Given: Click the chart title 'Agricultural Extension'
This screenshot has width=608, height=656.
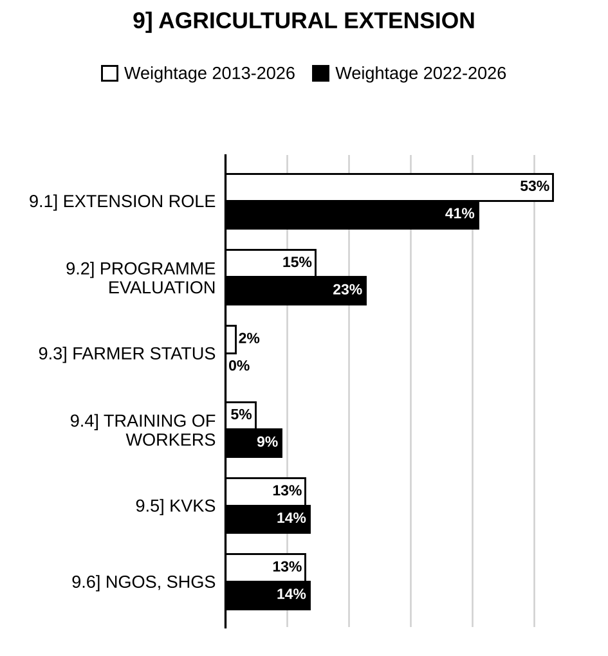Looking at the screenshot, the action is click(304, 21).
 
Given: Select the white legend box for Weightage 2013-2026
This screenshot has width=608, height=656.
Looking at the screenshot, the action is click(109, 73).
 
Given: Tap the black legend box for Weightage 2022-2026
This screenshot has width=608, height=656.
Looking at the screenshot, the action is click(320, 73).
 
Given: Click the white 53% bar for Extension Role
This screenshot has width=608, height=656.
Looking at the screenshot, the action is click(390, 187).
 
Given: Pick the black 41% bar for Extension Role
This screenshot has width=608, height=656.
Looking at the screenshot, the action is click(353, 215).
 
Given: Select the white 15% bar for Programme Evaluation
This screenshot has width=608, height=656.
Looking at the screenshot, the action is click(271, 263).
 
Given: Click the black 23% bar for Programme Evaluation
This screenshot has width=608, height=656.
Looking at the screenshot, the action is click(296, 290).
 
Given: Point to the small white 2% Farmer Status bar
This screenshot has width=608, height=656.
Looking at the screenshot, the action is click(231, 340).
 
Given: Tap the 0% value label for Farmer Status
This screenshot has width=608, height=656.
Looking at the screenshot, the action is click(239, 366).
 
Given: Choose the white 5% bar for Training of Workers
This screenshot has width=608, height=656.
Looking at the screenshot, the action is click(241, 415).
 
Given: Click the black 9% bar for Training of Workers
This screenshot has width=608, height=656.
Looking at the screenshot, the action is click(254, 442).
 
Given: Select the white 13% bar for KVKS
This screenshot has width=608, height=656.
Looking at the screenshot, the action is click(266, 491).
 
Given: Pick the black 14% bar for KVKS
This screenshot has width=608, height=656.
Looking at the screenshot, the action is click(268, 519).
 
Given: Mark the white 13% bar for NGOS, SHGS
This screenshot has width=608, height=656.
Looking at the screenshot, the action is click(266, 568).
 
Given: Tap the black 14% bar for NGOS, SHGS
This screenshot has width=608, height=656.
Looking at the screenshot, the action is click(268, 595).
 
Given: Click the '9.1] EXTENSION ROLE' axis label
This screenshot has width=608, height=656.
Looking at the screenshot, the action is click(122, 202).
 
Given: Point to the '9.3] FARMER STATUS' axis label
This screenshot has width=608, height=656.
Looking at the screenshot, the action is click(127, 354).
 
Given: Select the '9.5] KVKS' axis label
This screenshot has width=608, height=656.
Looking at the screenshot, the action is click(176, 506).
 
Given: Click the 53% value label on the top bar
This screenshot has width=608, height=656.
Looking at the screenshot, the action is click(535, 186).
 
